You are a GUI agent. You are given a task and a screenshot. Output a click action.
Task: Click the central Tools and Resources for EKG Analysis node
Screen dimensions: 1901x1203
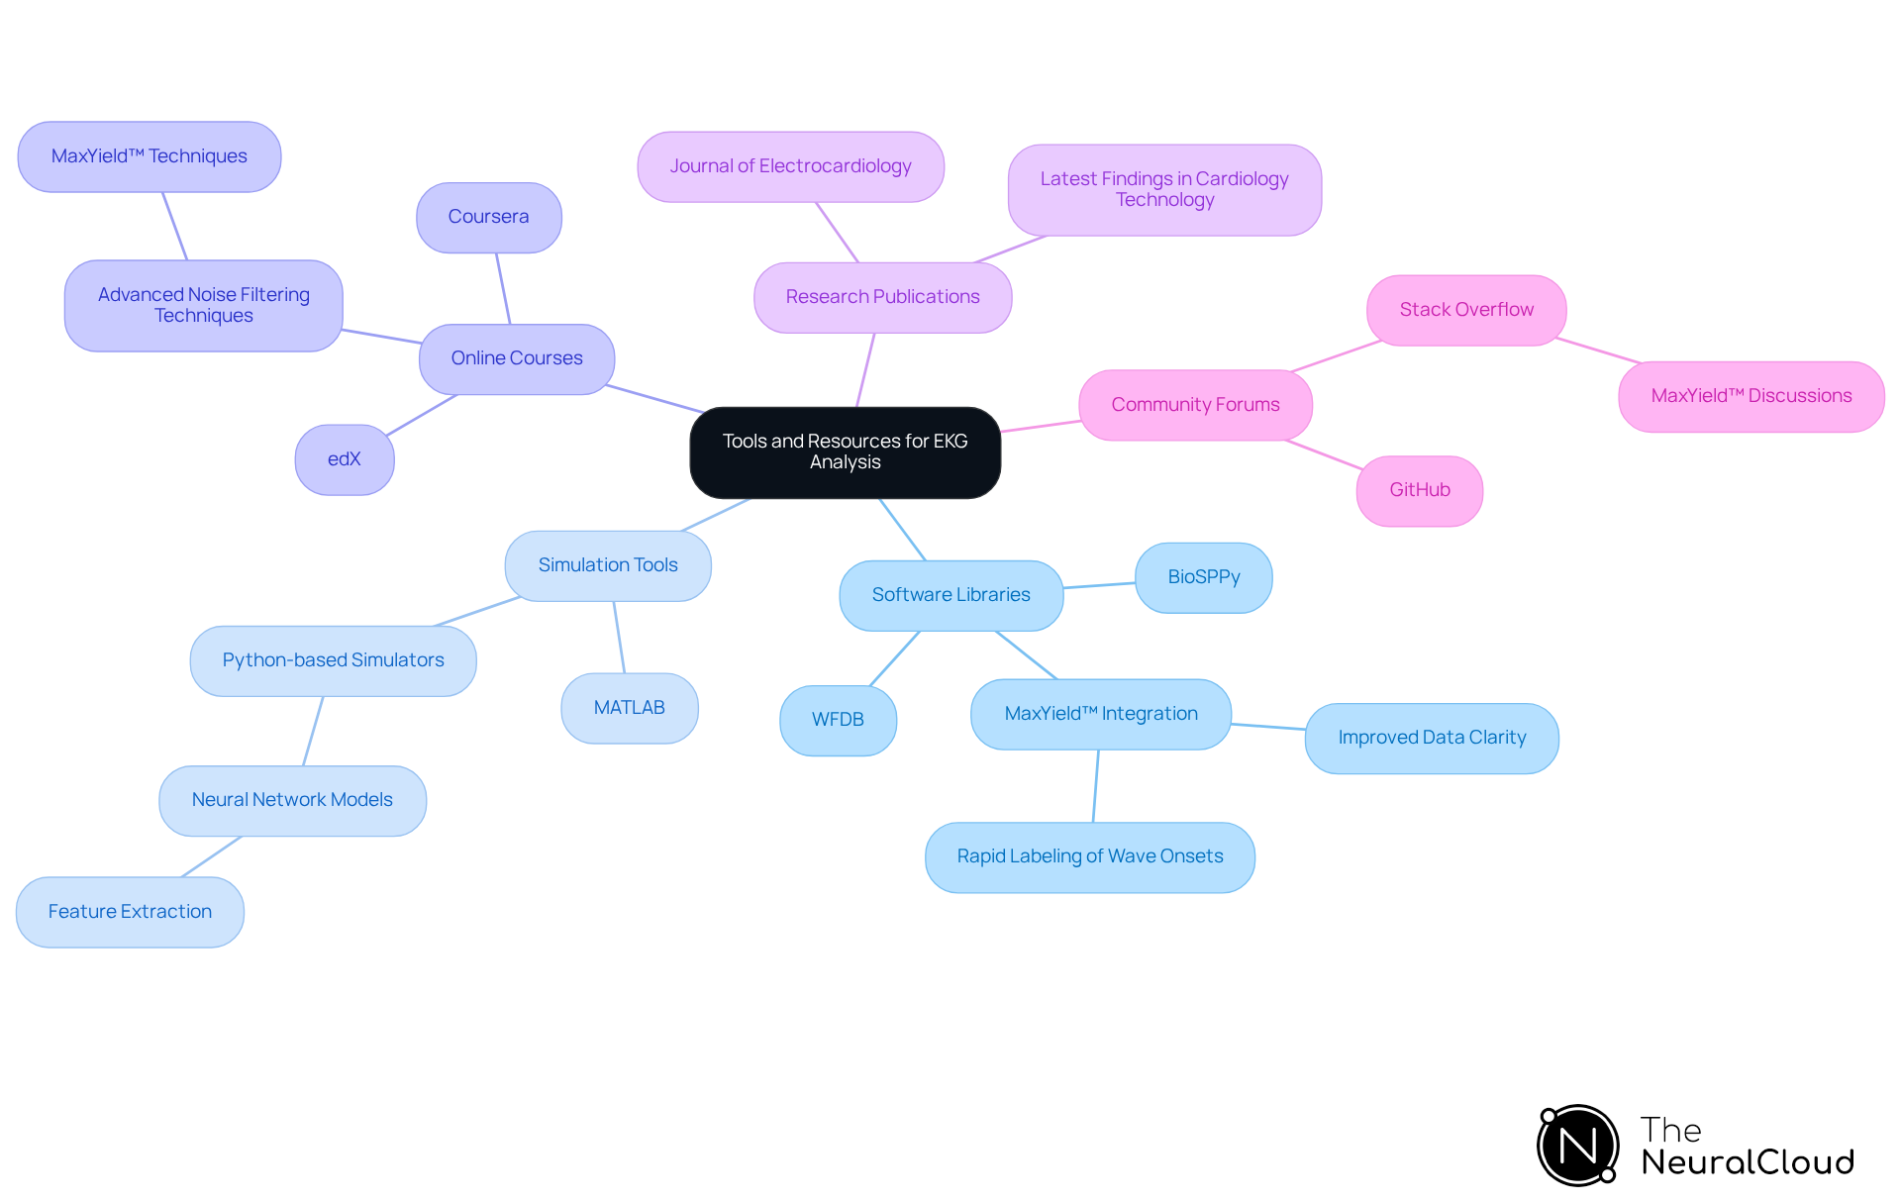(x=845, y=452)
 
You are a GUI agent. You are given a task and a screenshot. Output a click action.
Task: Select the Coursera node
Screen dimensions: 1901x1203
(x=488, y=217)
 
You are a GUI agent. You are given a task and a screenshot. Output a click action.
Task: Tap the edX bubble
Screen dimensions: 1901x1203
(x=345, y=459)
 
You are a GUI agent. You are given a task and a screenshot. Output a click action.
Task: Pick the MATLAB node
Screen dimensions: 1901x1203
(x=629, y=708)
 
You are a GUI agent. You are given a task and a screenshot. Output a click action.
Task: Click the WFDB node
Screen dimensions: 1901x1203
(x=838, y=720)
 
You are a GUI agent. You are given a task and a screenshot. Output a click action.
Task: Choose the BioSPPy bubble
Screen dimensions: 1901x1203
(x=1203, y=577)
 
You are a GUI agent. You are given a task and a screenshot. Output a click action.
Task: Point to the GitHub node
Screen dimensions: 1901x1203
(x=1419, y=490)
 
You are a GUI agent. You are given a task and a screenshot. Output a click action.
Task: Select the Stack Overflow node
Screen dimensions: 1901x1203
(x=1465, y=310)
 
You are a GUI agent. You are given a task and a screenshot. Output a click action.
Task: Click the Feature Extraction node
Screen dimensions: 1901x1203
(x=130, y=912)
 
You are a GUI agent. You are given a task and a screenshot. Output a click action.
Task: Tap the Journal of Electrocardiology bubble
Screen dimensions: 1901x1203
(x=790, y=166)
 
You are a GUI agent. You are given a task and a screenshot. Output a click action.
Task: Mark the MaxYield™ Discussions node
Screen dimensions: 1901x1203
(x=1751, y=396)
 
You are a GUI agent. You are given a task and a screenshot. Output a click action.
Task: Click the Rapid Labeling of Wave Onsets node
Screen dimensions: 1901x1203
(x=1089, y=856)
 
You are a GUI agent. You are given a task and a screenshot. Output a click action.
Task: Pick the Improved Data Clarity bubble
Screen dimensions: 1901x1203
(x=1431, y=738)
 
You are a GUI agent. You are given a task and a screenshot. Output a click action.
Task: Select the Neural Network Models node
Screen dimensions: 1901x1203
(x=292, y=800)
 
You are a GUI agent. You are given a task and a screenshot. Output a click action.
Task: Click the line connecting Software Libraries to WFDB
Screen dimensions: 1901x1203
(x=894, y=658)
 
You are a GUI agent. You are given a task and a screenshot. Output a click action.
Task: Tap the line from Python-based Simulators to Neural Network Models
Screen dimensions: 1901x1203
(x=313, y=731)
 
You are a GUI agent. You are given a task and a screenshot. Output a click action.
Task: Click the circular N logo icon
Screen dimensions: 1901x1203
(x=1577, y=1146)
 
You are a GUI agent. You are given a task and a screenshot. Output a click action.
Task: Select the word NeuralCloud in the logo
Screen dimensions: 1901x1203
(x=1747, y=1162)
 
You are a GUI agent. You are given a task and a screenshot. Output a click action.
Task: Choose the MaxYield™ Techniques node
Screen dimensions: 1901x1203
(x=150, y=156)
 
